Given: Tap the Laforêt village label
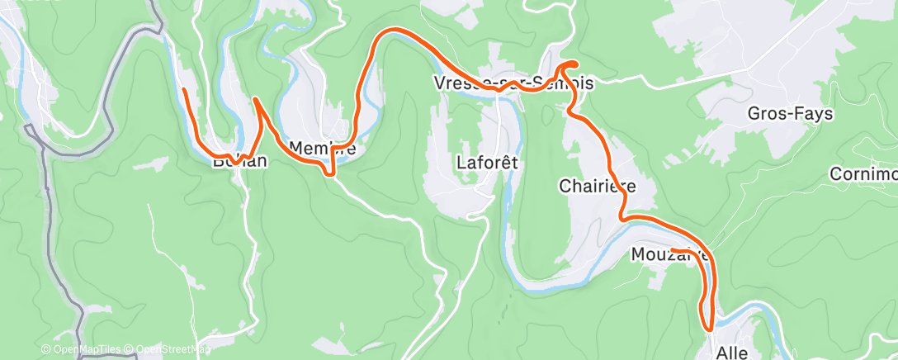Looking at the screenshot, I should click(486, 163).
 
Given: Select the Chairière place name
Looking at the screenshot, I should click(598, 186).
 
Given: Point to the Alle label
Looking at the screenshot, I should click(731, 353).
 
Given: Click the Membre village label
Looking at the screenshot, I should click(322, 149).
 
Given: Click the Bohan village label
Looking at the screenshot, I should click(239, 161).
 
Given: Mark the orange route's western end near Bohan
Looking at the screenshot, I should click(183, 89).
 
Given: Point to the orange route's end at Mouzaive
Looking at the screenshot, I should click(672, 249).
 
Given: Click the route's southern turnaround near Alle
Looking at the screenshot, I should click(708, 328).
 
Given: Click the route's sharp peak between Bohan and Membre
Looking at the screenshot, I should click(256, 99).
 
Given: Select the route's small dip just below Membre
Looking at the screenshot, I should click(332, 173).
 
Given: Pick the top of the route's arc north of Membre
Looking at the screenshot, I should click(393, 31).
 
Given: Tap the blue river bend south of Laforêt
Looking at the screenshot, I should click(528, 282).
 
